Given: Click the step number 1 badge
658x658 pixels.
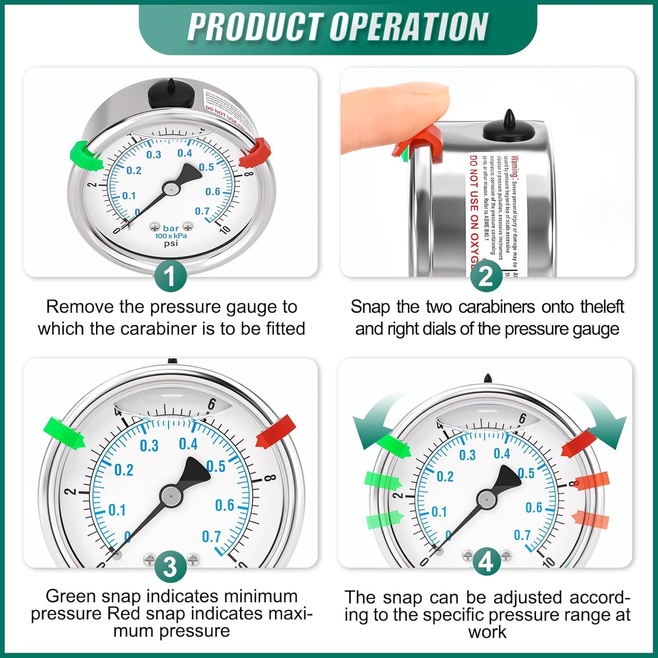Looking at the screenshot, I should coord(170,276).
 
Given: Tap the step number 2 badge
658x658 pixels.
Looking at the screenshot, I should coord(486,276).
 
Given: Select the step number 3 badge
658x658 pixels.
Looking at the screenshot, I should coord(170,567).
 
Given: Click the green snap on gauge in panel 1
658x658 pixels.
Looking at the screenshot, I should coord(86,156).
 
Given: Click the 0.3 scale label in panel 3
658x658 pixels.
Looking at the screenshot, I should coord(149,445).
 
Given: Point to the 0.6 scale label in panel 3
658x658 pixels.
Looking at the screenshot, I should coord(224,505).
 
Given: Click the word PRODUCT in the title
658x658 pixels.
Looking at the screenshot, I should coord(255,27).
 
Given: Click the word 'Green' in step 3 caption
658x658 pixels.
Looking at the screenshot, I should coord(71,596).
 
